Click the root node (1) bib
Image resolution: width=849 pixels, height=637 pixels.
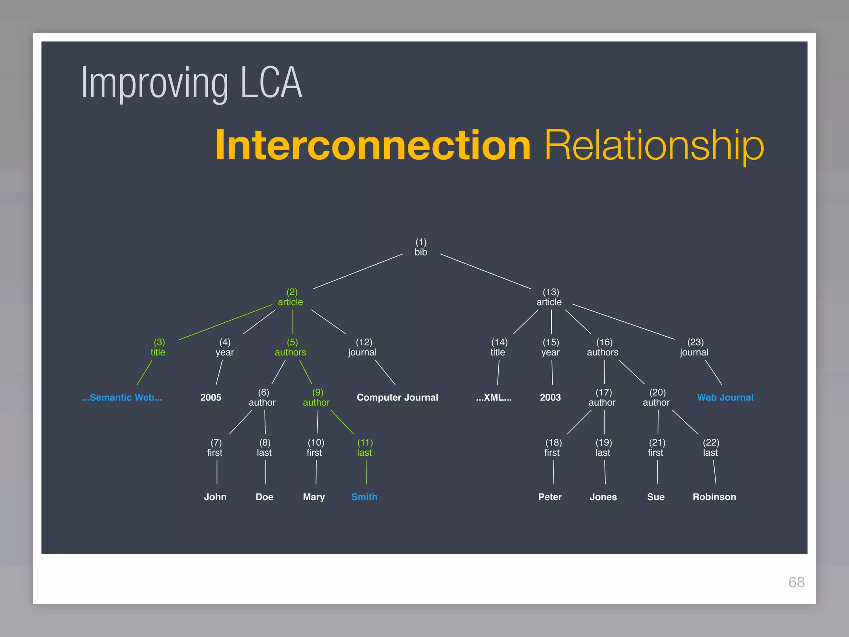tap(421, 247)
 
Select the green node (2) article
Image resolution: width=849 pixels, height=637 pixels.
tap(291, 297)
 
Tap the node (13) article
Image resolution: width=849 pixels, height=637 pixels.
tap(549, 297)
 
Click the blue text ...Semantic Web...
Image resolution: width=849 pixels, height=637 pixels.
tap(122, 397)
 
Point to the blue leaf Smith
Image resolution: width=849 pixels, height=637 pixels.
tap(364, 497)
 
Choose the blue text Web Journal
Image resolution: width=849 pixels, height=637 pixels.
tap(725, 397)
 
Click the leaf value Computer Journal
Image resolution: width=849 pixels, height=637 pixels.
tap(397, 397)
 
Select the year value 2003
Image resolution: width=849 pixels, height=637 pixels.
tap(550, 397)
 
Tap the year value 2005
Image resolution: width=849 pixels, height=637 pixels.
tap(211, 397)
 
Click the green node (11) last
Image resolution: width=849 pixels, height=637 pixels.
tap(365, 448)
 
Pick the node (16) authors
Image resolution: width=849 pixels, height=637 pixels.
tap(603, 348)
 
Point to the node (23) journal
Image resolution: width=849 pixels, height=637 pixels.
tap(694, 348)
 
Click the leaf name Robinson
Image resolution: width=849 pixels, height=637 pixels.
tap(714, 497)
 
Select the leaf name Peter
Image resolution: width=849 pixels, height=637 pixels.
tap(550, 497)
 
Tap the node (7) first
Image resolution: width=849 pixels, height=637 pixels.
tap(215, 448)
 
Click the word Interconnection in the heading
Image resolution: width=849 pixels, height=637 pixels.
tap(373, 145)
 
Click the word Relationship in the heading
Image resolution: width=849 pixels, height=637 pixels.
tap(654, 145)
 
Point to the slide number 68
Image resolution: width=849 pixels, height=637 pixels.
tap(796, 582)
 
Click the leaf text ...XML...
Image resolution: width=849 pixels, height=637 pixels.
tap(494, 397)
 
